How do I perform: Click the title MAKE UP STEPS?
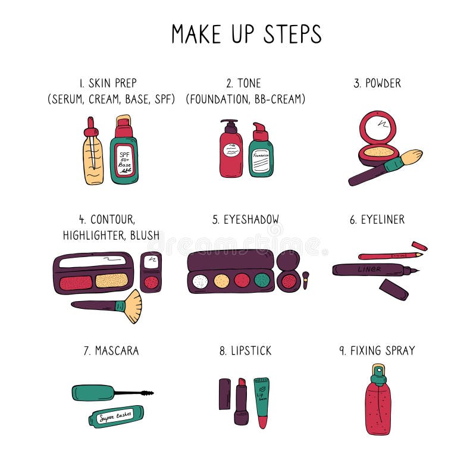(246, 34)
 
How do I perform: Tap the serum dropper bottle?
(93, 158)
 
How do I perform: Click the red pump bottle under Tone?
(231, 154)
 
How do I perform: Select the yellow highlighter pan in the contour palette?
(112, 281)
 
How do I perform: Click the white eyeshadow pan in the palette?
(201, 281)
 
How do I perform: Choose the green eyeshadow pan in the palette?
(262, 280)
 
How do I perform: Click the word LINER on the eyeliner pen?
(369, 270)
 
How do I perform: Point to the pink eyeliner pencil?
(390, 256)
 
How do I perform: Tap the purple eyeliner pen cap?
(394, 289)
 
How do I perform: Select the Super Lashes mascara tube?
(116, 416)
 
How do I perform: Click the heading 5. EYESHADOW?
(246, 220)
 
